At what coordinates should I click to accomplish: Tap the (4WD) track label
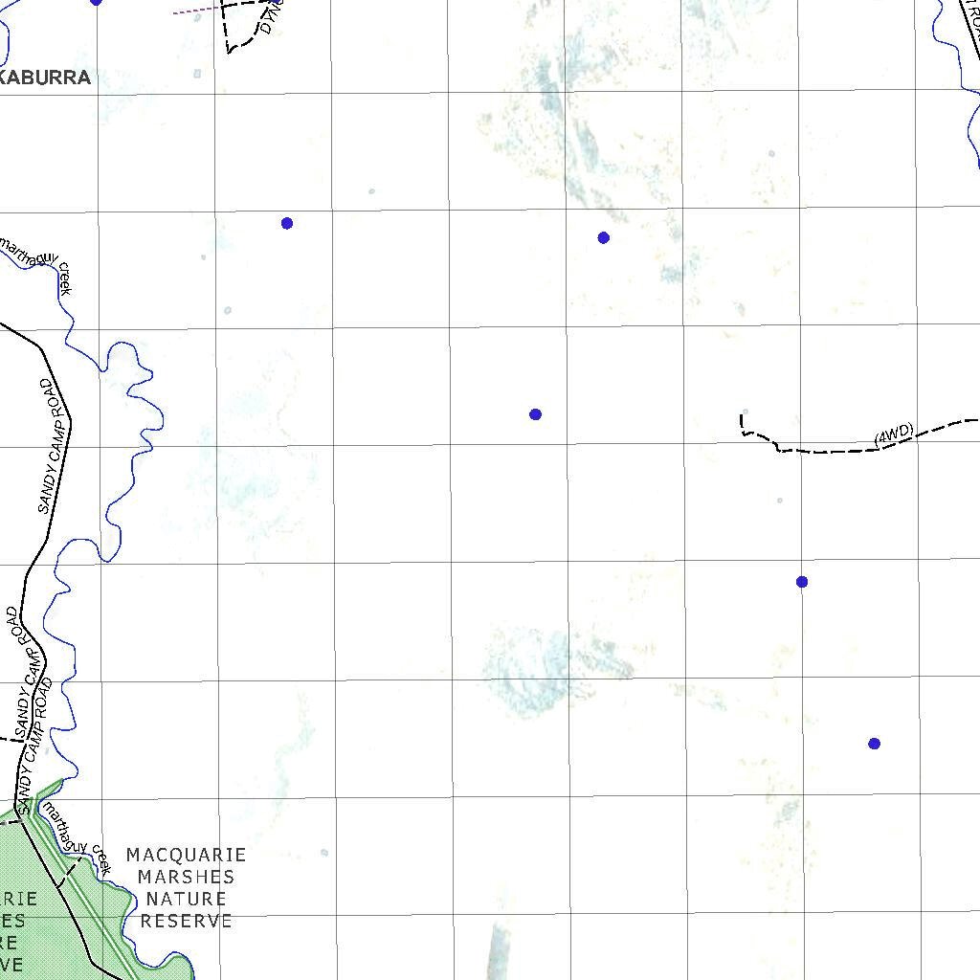[894, 434]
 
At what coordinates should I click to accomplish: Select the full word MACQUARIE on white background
[186, 855]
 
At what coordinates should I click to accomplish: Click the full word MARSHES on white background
[186, 877]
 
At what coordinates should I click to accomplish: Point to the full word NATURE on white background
[186, 899]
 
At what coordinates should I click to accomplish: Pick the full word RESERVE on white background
[186, 921]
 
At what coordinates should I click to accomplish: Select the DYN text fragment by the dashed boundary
[267, 21]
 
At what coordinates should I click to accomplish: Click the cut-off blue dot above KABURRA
[96, 2]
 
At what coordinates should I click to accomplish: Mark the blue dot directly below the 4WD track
[802, 582]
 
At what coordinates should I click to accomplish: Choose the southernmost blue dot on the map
[874, 744]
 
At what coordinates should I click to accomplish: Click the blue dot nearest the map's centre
[535, 414]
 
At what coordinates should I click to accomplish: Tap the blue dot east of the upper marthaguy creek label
[287, 223]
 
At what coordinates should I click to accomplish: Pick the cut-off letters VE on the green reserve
[11, 965]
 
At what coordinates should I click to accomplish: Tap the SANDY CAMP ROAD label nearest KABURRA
[55, 446]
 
